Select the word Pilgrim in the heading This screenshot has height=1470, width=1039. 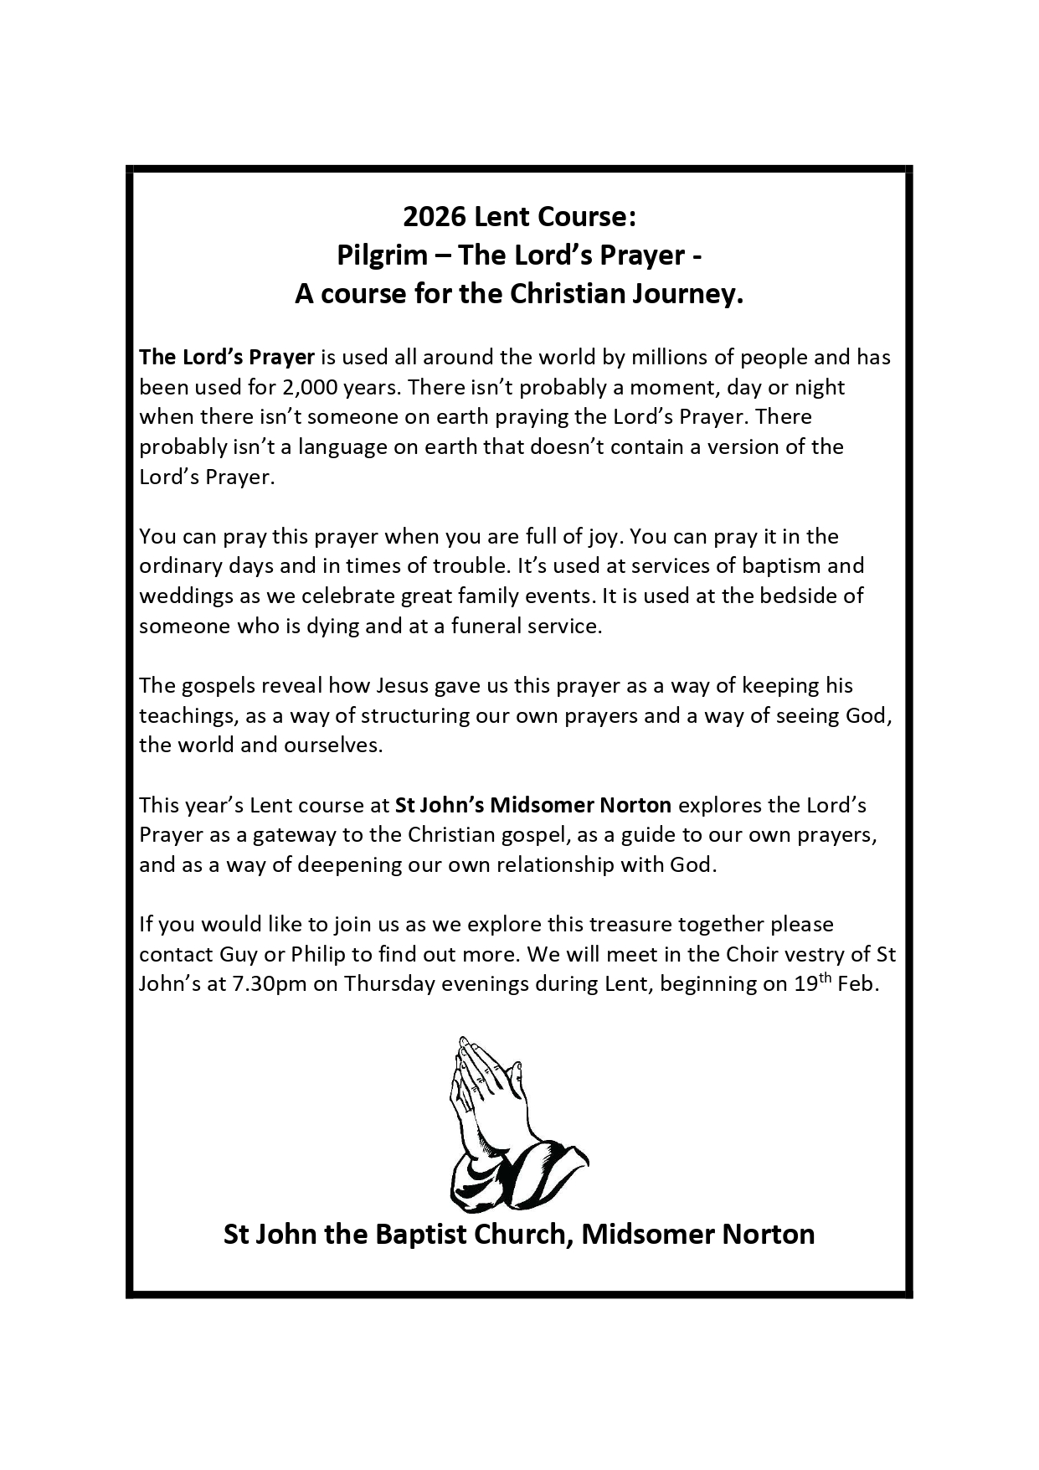coord(382,255)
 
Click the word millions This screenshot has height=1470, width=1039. coord(666,358)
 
